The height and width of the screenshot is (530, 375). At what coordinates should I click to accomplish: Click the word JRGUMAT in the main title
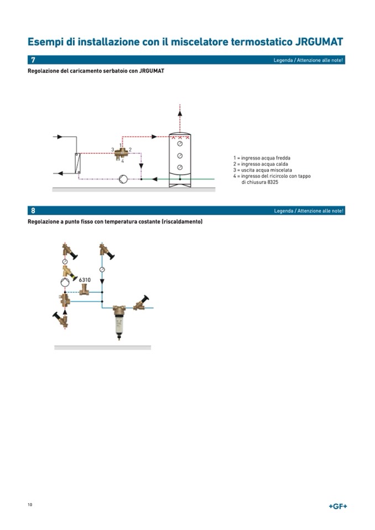319,42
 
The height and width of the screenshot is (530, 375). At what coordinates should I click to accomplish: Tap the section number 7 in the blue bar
33,60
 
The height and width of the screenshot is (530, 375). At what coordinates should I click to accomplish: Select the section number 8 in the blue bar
33,211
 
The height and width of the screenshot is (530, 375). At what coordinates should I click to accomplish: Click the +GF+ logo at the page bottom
338,506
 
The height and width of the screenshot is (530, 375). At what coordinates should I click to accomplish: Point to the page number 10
30,505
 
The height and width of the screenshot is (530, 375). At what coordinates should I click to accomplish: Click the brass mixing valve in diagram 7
121,154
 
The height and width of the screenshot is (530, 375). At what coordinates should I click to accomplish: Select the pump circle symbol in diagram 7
123,179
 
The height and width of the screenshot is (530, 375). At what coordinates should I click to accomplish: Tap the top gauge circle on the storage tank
180,144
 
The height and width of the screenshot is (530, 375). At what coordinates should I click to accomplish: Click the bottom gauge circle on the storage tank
180,167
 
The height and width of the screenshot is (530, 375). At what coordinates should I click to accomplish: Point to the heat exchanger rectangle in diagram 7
78,163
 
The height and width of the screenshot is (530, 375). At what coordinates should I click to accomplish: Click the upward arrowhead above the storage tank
180,114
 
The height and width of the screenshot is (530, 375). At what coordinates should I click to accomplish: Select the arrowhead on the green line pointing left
154,179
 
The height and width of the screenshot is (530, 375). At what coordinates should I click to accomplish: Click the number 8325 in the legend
273,182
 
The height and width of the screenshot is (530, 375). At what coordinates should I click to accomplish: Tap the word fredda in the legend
283,158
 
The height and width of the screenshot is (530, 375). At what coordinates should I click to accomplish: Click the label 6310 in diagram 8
85,280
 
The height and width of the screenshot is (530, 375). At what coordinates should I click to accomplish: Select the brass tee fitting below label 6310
84,290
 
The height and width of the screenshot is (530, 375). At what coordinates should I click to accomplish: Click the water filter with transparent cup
119,321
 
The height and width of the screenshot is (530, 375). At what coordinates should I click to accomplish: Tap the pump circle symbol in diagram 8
65,282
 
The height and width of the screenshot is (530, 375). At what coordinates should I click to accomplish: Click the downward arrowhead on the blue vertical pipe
102,281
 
